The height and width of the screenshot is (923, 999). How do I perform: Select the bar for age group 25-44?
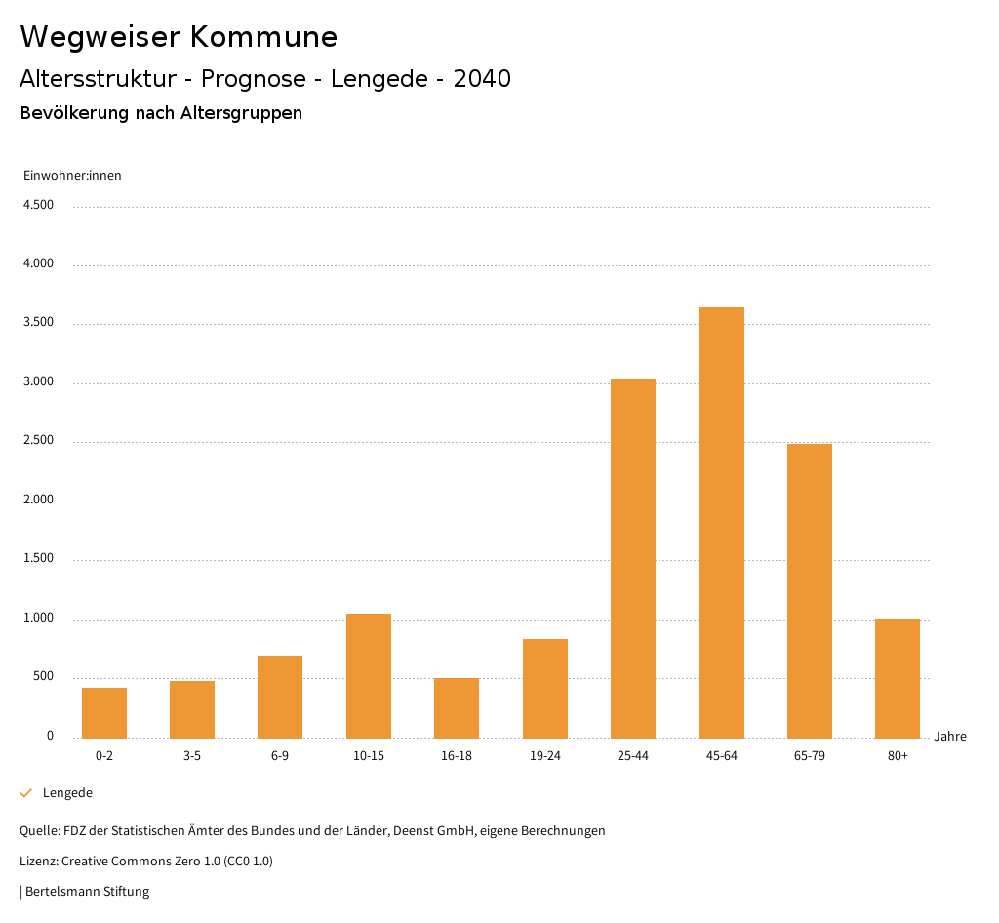point(633,558)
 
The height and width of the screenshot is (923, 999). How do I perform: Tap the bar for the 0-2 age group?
point(104,713)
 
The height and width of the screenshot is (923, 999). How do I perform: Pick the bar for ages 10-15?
point(369,675)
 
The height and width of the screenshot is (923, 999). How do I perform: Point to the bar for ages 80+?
point(898,678)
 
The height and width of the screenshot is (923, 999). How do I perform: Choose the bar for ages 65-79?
point(810,590)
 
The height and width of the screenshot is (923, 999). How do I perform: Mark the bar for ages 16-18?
point(457,707)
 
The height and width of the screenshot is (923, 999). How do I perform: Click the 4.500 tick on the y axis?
point(38,205)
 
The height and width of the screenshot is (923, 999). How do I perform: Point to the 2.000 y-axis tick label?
point(38,501)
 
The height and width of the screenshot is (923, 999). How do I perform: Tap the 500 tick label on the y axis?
point(43,677)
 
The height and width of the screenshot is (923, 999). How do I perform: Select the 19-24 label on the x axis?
point(545,756)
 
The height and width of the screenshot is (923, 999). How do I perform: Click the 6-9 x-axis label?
point(280,756)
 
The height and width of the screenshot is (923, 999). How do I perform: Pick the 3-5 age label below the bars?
point(192,756)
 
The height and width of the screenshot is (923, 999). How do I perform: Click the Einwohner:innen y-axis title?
point(72,176)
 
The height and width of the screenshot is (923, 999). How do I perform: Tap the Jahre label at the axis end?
point(949,737)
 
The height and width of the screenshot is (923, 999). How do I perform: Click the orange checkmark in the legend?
point(26,793)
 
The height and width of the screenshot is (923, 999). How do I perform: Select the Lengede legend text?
point(67,793)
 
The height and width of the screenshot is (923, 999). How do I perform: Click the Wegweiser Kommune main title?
point(179,37)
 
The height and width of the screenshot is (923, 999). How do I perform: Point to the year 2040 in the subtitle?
point(482,79)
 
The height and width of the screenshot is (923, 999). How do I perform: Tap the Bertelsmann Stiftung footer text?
point(87,892)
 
